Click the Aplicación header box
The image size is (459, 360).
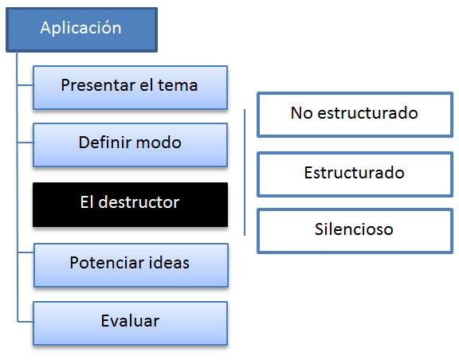tap(81, 29)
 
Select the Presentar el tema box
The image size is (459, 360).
tap(130, 88)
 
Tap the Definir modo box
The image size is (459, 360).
tap(130, 145)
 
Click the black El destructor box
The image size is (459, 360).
tap(130, 205)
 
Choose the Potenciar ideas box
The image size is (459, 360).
tap(131, 265)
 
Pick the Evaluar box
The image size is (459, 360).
tap(130, 323)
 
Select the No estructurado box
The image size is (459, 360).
tap(355, 115)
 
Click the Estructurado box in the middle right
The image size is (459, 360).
tap(355, 174)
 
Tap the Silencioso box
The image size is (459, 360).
tap(355, 231)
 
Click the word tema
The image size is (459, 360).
tap(178, 85)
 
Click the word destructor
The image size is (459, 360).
tap(139, 202)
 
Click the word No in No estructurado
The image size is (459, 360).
tap(302, 112)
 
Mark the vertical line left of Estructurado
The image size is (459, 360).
tap(245, 172)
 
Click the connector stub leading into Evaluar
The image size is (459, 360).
tap(25, 322)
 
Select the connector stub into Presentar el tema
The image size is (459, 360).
tap(25, 85)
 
